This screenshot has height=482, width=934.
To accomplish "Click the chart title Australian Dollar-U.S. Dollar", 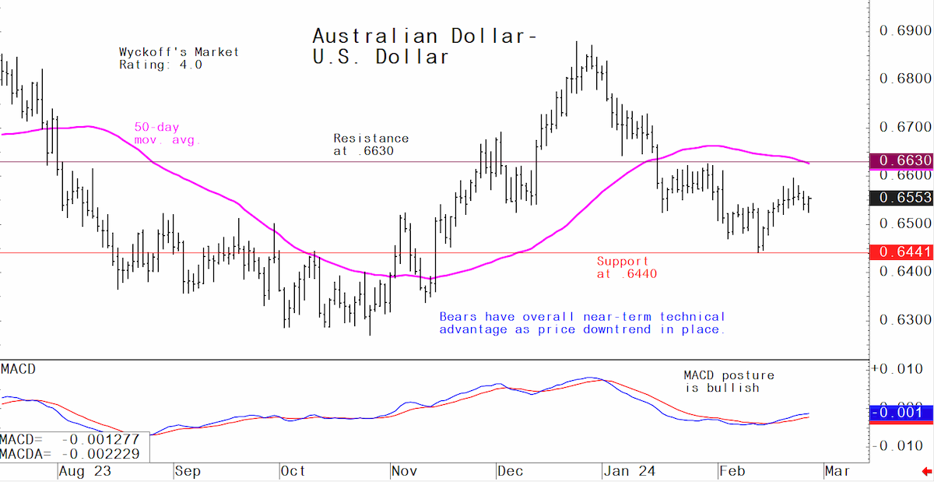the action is coord(424,46).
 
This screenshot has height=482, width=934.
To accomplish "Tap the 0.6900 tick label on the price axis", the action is coord(904,30).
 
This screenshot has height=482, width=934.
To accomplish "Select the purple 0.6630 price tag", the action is coord(901,161).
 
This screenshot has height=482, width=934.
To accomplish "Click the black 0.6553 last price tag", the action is coord(901,197).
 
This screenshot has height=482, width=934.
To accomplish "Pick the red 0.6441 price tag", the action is coord(901,252).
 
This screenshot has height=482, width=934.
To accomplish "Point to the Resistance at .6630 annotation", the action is coord(371,144).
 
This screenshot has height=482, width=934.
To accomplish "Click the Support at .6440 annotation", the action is coord(627,268).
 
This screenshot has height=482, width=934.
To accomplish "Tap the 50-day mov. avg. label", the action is coord(167,133).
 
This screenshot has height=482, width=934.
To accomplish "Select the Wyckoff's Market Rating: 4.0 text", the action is coord(179,58).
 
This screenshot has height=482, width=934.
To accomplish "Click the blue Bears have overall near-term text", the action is coord(582,323).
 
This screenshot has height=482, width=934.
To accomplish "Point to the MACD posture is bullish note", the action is coord(729,382).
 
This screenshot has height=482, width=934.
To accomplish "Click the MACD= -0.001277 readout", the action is coord(70,439).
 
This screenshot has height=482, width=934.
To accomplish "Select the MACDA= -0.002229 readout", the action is coord(70,454).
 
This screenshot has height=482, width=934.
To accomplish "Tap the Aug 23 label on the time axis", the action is coord(85,472).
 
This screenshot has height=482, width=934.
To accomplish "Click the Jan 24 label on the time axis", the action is coord(630,472).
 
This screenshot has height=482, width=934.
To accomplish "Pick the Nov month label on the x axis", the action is coord(405,472).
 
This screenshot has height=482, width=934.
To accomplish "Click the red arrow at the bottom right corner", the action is coord(926,472).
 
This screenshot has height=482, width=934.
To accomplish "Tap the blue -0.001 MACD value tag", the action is coord(901,413).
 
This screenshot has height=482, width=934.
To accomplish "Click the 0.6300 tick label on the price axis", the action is coord(904,320).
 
